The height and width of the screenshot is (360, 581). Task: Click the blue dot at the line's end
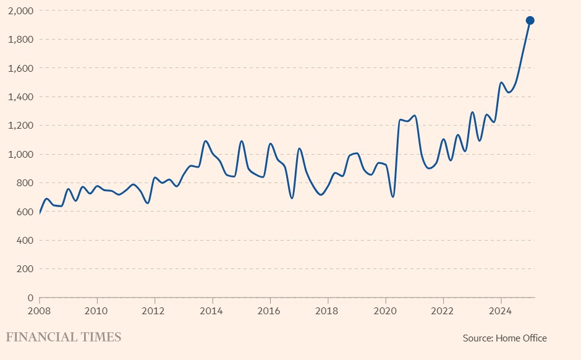click(530, 20)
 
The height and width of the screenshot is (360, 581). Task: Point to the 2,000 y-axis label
click(21, 11)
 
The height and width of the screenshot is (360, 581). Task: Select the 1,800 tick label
click(21, 40)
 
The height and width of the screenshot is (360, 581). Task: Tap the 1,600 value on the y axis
click(21, 68)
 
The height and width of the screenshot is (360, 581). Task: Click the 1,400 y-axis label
click(21, 97)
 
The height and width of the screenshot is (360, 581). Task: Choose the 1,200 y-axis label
click(21, 126)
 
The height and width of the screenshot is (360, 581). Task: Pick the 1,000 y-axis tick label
click(21, 154)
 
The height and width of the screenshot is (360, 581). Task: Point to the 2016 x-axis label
click(269, 309)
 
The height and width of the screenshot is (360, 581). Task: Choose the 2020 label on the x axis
click(385, 309)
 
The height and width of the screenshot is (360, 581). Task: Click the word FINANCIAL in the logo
click(42, 337)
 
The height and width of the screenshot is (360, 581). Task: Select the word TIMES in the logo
click(101, 337)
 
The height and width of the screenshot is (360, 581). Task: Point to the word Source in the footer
click(476, 338)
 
